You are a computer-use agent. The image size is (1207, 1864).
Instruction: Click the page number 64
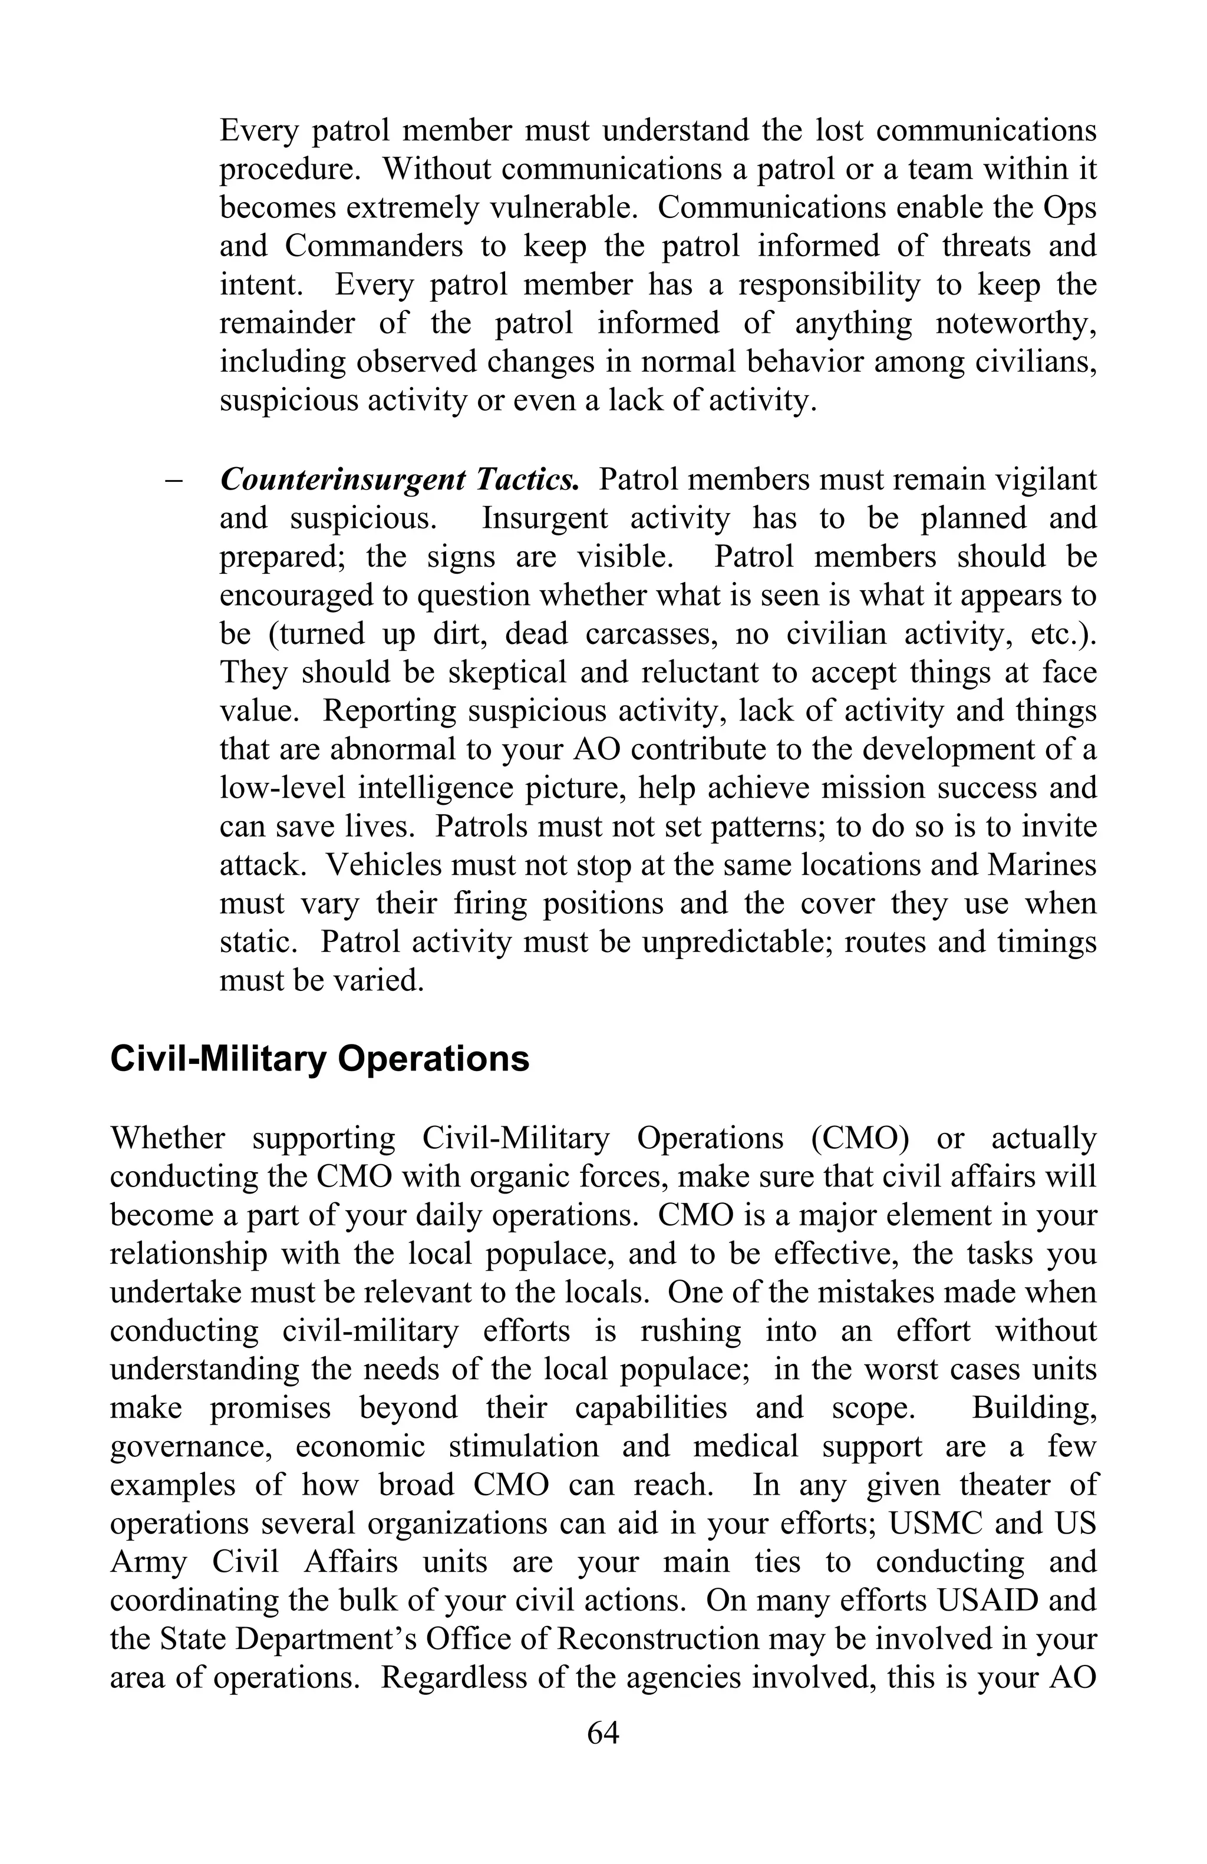(x=602, y=1733)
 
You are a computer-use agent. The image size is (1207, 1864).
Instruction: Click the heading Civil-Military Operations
(x=319, y=1058)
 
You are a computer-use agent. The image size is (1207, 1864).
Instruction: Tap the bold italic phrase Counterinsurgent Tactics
(x=400, y=480)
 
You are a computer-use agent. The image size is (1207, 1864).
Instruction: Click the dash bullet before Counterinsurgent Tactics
(x=172, y=480)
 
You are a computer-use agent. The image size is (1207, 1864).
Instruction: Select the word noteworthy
(x=1015, y=323)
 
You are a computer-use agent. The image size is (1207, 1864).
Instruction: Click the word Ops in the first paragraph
(x=1070, y=207)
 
